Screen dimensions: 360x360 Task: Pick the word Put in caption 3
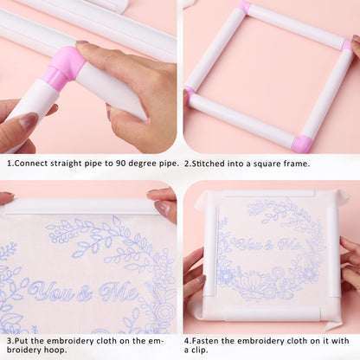22,340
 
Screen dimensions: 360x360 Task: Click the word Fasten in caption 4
213,340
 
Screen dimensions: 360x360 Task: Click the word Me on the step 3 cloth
119,291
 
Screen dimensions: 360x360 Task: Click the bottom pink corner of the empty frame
301,143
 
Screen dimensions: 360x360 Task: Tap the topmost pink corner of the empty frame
245,8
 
